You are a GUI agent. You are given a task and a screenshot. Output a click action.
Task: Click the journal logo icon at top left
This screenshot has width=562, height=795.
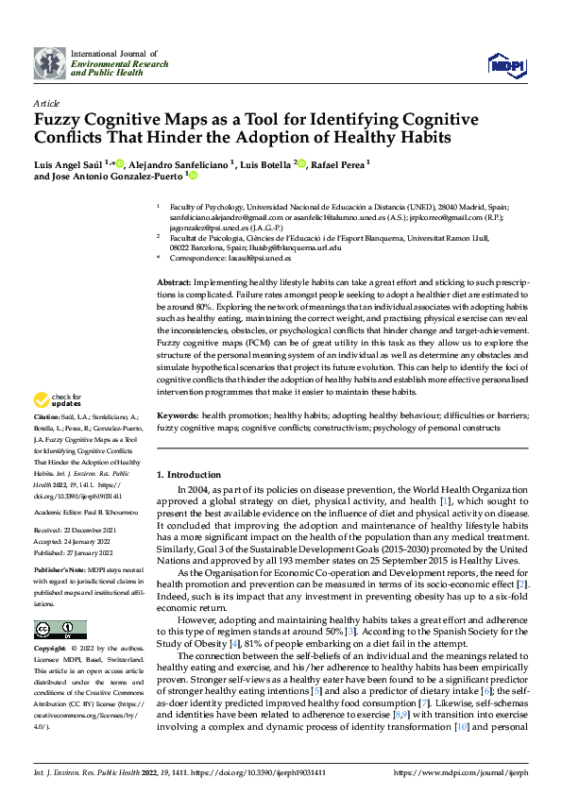click(x=50, y=63)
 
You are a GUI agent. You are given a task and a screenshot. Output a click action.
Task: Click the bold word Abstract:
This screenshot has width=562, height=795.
click(x=175, y=283)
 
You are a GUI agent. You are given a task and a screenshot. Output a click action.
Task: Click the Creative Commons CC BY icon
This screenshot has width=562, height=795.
click(x=60, y=630)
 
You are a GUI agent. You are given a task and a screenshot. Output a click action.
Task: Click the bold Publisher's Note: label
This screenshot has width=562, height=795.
click(x=60, y=571)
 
